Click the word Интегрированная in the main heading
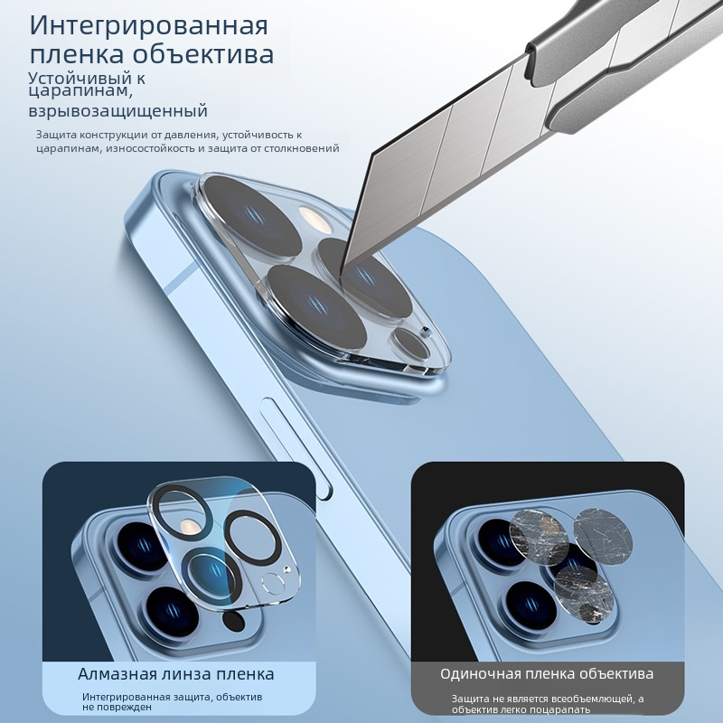148,26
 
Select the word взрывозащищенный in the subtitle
118,111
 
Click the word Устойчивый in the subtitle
80,79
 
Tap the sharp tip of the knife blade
343,276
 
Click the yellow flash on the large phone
315,220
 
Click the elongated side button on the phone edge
296,448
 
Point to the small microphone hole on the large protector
425,331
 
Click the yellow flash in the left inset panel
188,525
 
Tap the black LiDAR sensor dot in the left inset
233,621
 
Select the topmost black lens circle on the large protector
253,215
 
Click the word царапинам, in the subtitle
80,91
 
